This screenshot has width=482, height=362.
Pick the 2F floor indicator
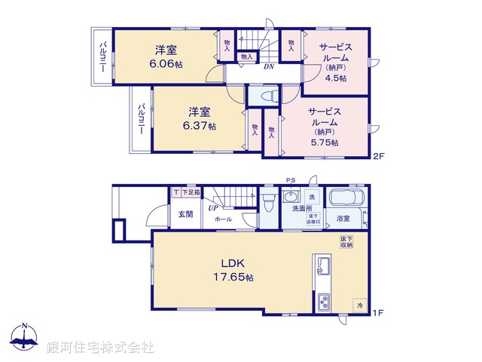(x=380, y=156)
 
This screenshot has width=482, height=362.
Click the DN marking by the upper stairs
(x=268, y=66)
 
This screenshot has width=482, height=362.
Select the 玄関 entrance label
(x=185, y=213)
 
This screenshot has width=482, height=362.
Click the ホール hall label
(x=223, y=219)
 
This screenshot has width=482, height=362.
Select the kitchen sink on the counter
(x=324, y=265)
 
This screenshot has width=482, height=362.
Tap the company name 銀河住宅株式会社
(x=99, y=348)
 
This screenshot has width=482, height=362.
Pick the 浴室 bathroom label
(x=344, y=219)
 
